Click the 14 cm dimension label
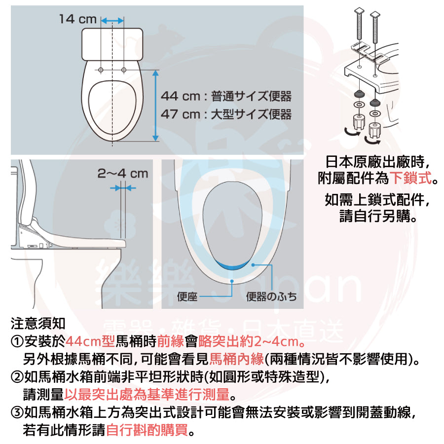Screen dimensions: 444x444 78,19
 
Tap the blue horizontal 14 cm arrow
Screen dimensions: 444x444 112,21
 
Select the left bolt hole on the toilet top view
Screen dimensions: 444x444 101,70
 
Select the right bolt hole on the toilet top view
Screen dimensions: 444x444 124,70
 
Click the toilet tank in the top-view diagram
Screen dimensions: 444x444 112,44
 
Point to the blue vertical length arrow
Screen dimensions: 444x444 155,106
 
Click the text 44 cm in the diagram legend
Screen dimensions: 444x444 181,96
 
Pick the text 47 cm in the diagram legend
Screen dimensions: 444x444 181,114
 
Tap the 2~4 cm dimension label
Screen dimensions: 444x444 123,174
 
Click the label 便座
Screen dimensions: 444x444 187,296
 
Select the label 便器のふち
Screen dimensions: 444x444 271,296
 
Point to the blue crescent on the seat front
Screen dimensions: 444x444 232,265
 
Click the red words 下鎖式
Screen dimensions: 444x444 411,178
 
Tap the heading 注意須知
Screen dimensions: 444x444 38,323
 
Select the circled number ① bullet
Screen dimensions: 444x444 17,341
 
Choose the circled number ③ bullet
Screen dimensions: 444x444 17,412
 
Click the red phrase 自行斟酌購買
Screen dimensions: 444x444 147,430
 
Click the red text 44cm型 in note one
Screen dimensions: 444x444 90,341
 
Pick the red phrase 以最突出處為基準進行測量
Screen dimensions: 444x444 147,395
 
